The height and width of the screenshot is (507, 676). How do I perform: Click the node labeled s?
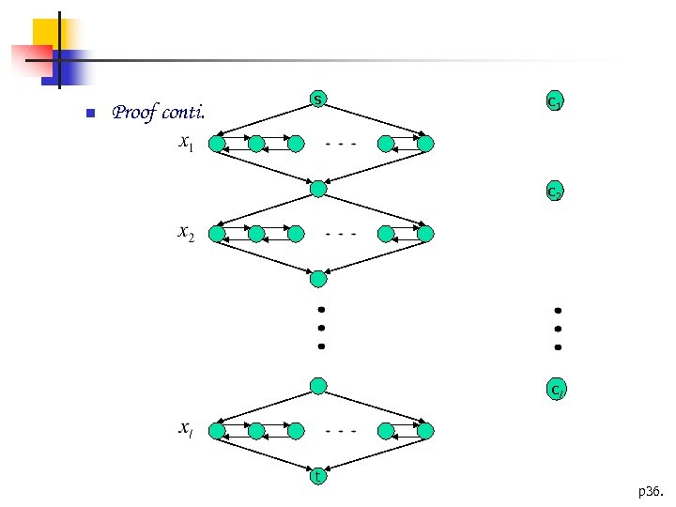(x=318, y=100)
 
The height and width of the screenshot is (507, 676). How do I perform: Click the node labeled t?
(x=318, y=477)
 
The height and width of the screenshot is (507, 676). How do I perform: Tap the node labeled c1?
(x=555, y=102)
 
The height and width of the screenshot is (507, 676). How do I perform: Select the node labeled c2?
(x=555, y=192)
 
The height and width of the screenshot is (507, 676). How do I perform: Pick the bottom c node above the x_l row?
(x=557, y=388)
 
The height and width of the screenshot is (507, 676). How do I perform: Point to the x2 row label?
(x=187, y=234)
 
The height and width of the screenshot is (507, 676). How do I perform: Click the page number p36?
(x=649, y=491)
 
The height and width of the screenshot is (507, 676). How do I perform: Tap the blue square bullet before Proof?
(x=89, y=115)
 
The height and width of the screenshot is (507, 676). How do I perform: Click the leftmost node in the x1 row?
(x=217, y=145)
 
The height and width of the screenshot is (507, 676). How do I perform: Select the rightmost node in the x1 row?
(x=425, y=145)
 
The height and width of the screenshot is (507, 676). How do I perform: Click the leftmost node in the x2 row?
(x=217, y=234)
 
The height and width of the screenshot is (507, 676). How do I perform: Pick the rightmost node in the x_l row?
(x=425, y=431)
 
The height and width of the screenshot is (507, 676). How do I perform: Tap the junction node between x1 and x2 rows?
(x=318, y=189)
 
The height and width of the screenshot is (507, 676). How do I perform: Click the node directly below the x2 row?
(x=318, y=278)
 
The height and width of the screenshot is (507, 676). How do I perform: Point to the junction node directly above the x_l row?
(x=318, y=386)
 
